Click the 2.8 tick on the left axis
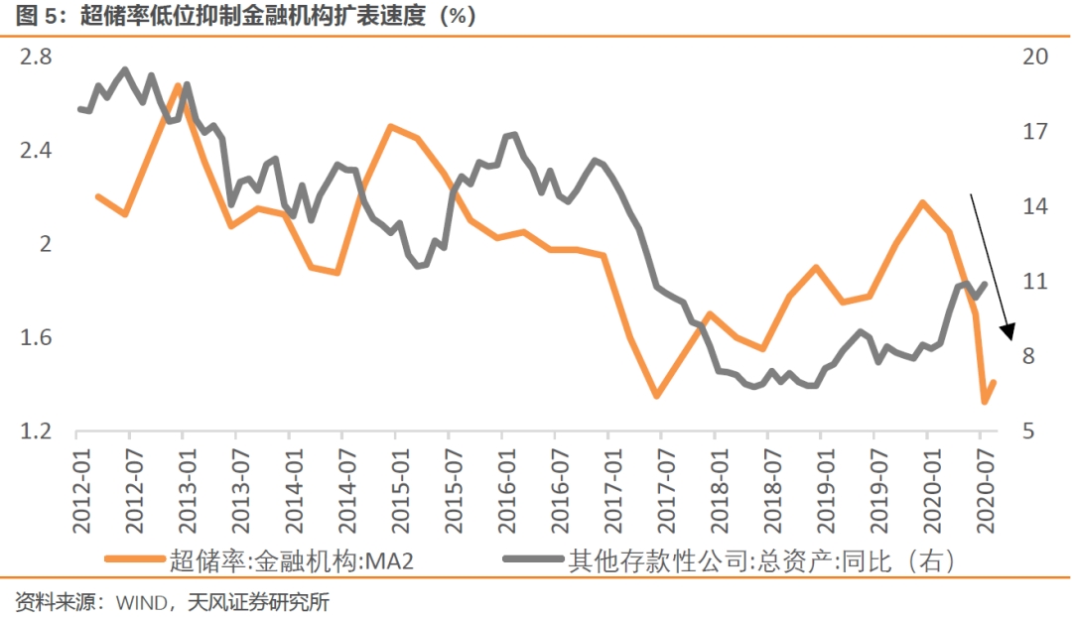click(x=37, y=58)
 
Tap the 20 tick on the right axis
click(x=1028, y=58)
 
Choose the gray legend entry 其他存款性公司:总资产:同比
click(x=759, y=561)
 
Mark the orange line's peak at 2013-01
click(x=180, y=85)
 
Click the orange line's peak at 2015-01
click(x=392, y=126)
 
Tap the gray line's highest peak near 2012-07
click(x=125, y=69)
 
